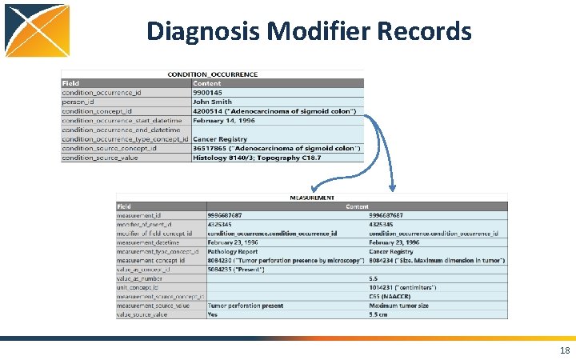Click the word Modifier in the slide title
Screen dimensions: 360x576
coord(310,31)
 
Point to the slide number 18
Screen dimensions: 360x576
coord(565,350)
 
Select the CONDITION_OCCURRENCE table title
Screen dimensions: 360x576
coord(212,74)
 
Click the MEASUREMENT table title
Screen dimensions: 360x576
coord(311,198)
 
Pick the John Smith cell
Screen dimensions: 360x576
coord(212,102)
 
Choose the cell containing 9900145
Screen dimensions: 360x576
coord(208,93)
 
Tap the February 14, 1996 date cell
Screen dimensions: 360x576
coord(225,120)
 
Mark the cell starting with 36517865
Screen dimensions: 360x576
coord(276,148)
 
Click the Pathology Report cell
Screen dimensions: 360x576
coord(233,251)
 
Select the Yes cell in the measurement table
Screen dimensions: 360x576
coord(213,314)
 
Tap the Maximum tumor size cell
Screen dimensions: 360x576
coord(399,305)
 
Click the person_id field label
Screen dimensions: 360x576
coord(78,102)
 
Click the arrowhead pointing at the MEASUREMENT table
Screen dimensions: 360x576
coord(392,189)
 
